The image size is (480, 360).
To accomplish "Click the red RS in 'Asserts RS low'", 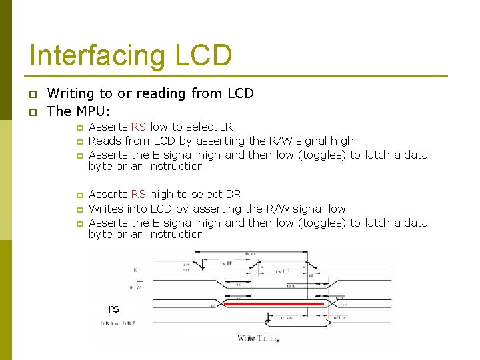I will [x=139, y=127].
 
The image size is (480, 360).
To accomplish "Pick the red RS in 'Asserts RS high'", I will [x=139, y=195].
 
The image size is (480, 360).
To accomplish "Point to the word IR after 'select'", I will [x=227, y=127].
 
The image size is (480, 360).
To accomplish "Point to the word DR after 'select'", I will [x=233, y=195].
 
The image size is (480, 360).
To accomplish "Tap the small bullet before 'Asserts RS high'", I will [x=78, y=195].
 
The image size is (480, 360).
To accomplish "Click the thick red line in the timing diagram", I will [x=273, y=303].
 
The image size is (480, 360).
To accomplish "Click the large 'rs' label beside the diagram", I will [x=113, y=308].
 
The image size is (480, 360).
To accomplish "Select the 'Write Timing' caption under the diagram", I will [x=259, y=338].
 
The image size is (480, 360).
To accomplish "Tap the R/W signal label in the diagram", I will [x=135, y=288].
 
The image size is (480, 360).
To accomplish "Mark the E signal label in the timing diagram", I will [x=135, y=271].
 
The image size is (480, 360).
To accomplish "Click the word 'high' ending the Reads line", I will [x=341, y=141].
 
